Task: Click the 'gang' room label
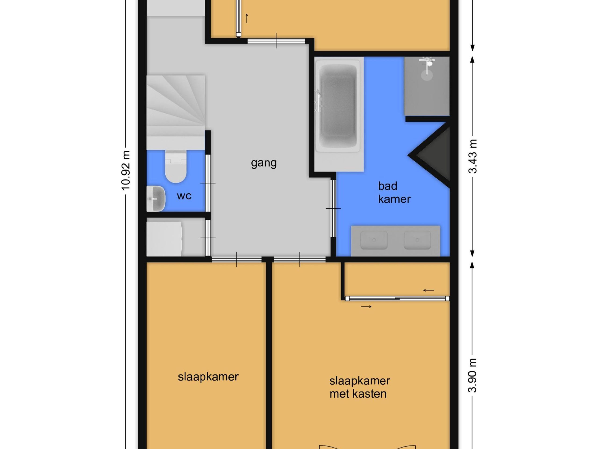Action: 263,163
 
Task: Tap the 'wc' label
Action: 184,196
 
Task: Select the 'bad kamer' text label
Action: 394,192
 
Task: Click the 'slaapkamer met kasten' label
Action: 359,387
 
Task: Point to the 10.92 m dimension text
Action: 126,170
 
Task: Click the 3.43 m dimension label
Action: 473,156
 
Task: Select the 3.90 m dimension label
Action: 473,375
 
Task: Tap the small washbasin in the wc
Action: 155,198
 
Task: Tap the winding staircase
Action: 175,108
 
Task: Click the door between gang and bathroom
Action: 333,208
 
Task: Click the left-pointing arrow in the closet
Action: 428,290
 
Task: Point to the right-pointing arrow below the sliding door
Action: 366,307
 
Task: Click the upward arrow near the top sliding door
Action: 246,18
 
